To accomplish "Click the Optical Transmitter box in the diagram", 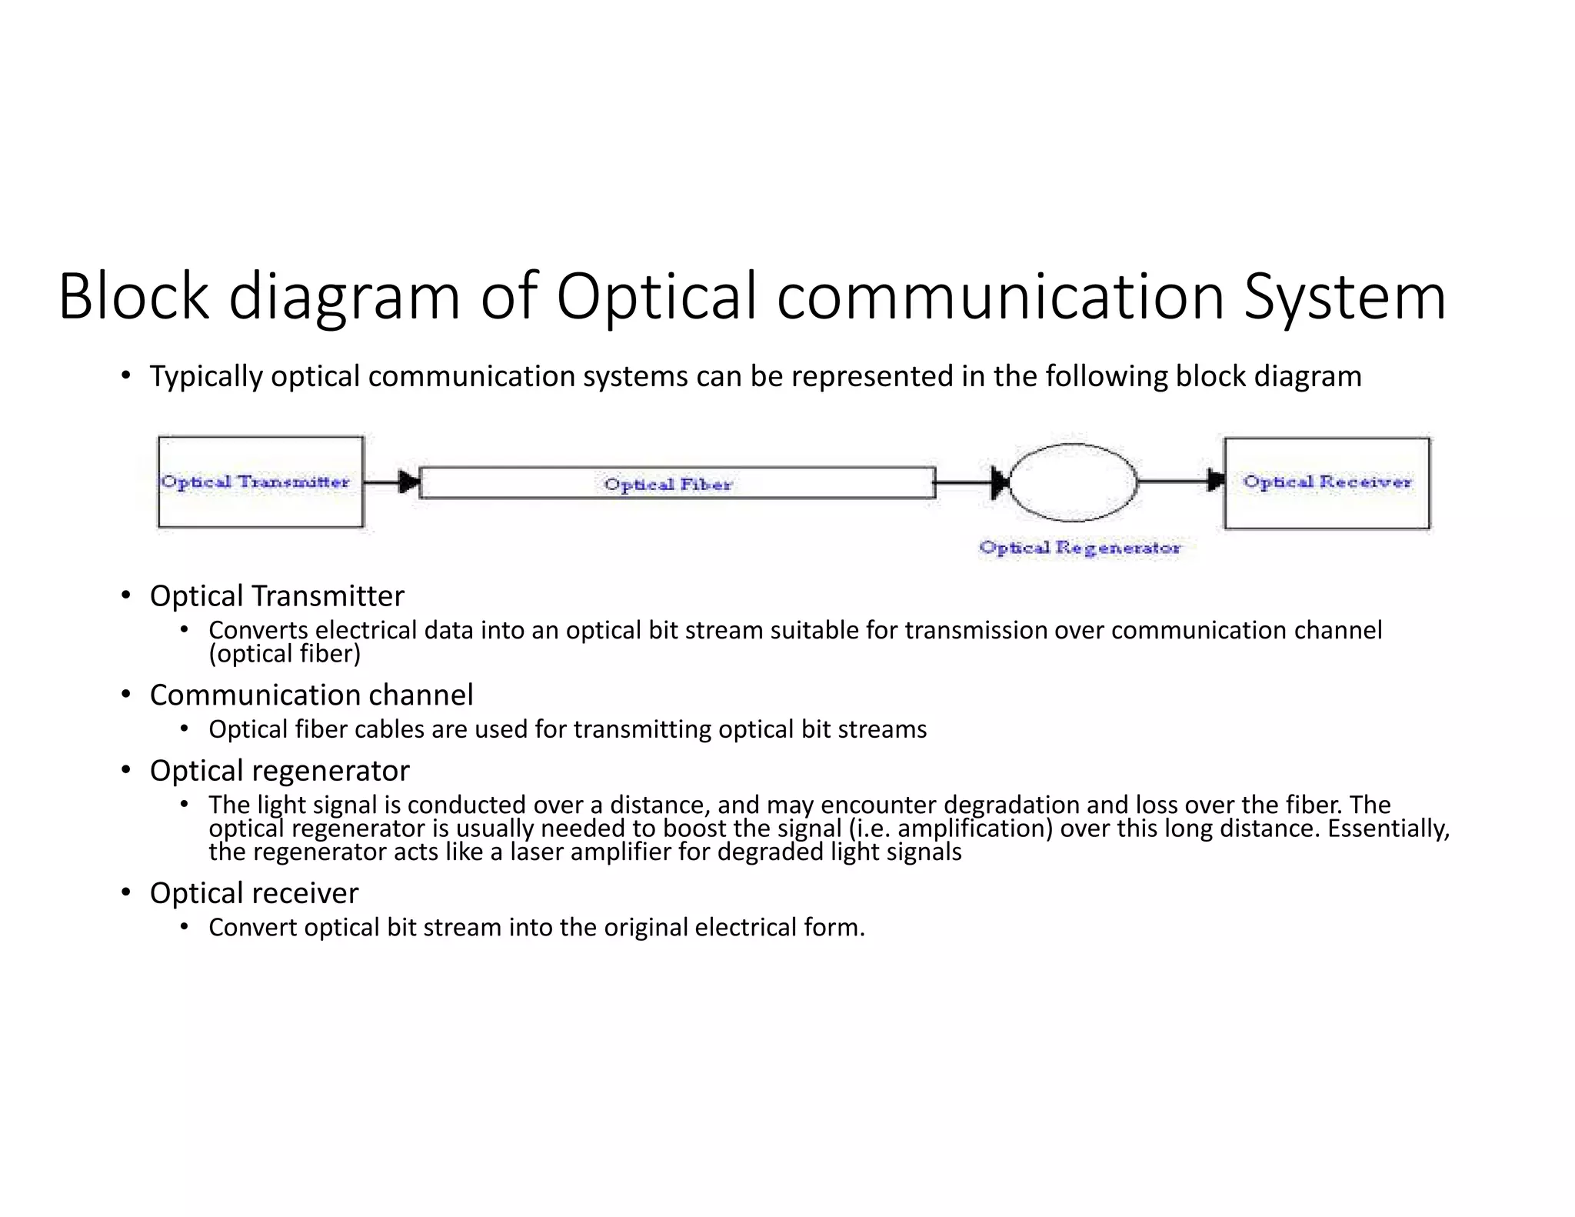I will (x=260, y=482).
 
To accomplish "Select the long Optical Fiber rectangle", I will (x=677, y=483).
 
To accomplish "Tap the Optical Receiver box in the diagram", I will (x=1327, y=483).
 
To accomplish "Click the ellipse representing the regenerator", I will (x=1073, y=482).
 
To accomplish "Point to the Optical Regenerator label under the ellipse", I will (x=1079, y=548).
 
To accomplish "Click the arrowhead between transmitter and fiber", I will (x=410, y=482).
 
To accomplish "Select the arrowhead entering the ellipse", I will (x=1000, y=483).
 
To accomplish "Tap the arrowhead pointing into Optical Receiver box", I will (x=1216, y=482).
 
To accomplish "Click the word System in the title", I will (x=1345, y=297).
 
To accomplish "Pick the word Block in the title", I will (x=133, y=297).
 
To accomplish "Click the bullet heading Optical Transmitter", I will (x=277, y=596).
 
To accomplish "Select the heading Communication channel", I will (x=311, y=695).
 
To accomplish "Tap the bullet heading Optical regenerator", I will (x=279, y=770).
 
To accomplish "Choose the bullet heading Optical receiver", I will (x=254, y=892).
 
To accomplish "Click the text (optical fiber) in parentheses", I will (x=285, y=654).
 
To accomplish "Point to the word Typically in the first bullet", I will (x=206, y=376).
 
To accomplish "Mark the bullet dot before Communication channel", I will (x=125, y=695).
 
